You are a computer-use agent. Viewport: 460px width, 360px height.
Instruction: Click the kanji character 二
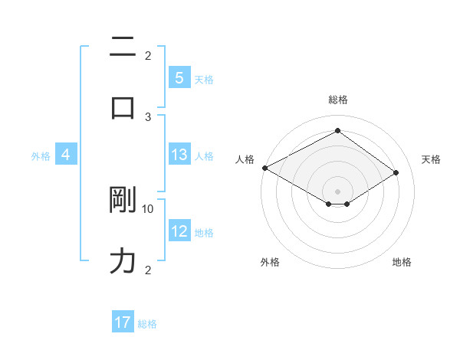(123, 47)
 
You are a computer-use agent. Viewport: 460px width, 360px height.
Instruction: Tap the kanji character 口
(123, 108)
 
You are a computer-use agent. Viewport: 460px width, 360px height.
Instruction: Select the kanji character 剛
(123, 200)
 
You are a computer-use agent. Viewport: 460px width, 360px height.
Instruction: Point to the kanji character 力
(123, 261)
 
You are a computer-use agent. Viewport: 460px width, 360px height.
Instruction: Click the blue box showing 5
(179, 78)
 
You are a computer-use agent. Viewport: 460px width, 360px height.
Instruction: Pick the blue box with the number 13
(179, 155)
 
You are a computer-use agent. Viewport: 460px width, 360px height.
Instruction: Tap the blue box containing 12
(179, 231)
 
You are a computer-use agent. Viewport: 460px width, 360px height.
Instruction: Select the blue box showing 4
(66, 155)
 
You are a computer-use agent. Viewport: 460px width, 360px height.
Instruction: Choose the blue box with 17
(123, 322)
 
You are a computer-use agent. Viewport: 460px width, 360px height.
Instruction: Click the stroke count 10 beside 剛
(148, 208)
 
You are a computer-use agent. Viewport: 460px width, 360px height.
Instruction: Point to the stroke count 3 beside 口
(148, 116)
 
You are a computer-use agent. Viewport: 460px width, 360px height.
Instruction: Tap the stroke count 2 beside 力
(148, 270)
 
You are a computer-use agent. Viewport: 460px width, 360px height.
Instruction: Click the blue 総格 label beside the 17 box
(147, 324)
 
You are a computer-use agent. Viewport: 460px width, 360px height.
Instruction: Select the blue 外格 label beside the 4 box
(41, 155)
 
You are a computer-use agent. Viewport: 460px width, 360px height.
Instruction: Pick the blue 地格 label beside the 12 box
(204, 233)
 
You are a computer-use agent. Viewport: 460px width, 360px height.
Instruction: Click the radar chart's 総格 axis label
(337, 100)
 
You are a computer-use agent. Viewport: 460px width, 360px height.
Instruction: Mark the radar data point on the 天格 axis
(396, 172)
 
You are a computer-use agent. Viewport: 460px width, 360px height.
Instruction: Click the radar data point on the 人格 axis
(264, 167)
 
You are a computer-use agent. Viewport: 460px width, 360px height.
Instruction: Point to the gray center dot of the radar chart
(337, 191)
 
